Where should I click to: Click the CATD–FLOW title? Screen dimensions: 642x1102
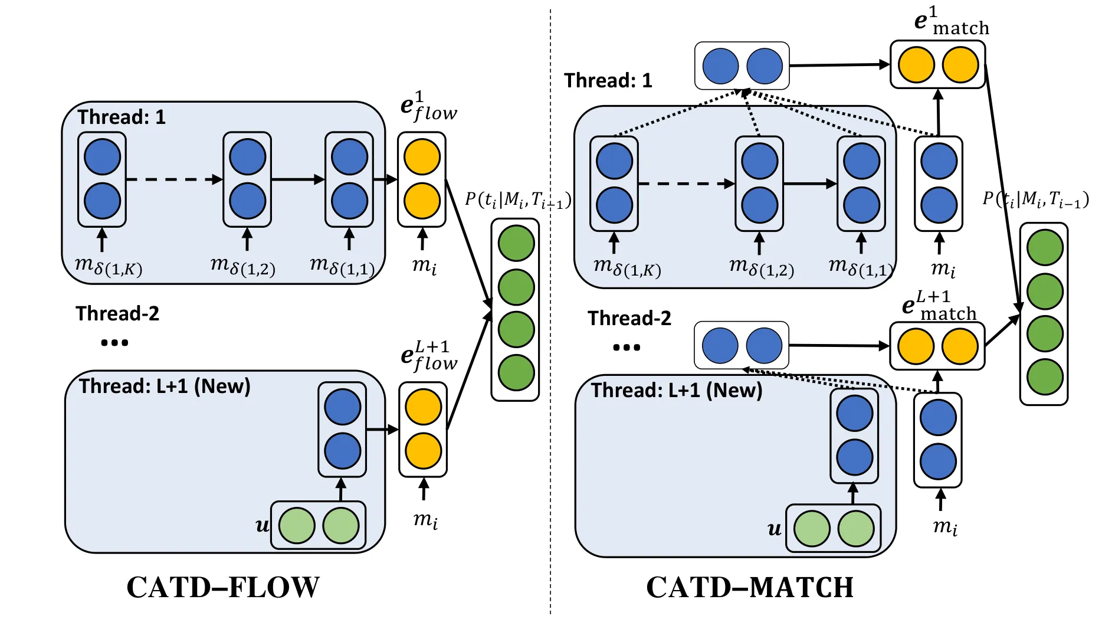click(223, 588)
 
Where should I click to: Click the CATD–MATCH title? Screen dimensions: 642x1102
click(750, 588)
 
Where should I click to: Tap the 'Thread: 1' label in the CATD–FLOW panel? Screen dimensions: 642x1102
click(122, 117)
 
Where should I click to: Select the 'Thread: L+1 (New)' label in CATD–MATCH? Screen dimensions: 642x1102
click(677, 390)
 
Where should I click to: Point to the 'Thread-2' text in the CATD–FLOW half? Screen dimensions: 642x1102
click(117, 313)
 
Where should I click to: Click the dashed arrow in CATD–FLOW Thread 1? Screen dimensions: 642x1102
click(174, 179)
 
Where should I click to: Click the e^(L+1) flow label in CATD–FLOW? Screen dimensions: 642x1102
click(428, 356)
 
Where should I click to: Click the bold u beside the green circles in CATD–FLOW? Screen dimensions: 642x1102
click(262, 525)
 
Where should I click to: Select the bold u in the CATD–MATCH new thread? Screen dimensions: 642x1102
click(775, 529)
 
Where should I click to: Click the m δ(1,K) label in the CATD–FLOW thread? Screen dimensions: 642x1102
click(109, 266)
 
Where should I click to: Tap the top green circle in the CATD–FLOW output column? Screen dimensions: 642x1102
click(516, 243)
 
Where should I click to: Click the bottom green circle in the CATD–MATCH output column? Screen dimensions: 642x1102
click(1045, 376)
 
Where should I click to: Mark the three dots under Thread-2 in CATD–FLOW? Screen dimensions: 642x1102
click(114, 342)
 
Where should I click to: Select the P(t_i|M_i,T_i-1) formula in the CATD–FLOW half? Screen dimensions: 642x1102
click(517, 201)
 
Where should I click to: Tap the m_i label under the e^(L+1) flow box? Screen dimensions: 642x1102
click(425, 520)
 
